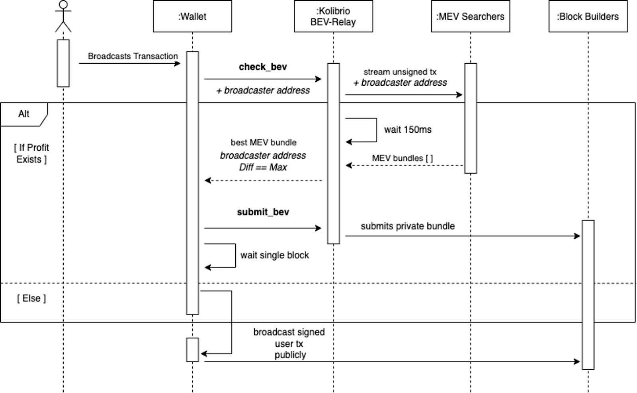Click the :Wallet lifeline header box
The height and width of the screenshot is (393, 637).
click(x=192, y=16)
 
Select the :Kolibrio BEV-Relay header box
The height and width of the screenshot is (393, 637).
click(x=333, y=16)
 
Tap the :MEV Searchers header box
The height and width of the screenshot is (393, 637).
click(x=470, y=16)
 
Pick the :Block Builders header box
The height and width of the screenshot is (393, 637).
click(x=588, y=16)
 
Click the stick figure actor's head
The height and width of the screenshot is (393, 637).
click(x=63, y=5)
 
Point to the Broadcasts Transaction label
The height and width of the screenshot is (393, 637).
click(x=133, y=56)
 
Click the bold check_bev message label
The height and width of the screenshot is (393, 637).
click(x=263, y=67)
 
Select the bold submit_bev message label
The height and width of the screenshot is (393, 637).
click(x=263, y=212)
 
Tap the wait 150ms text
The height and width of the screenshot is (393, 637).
click(x=407, y=130)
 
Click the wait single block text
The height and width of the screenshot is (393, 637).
click(x=274, y=255)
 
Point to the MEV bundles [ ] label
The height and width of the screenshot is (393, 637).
click(x=402, y=158)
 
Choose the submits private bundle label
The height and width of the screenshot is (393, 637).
click(x=407, y=226)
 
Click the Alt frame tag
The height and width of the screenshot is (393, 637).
click(x=23, y=114)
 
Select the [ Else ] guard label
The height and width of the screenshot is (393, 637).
click(x=31, y=298)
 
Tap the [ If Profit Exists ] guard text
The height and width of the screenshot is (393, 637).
click(x=31, y=153)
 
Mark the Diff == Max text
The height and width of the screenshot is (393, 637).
click(x=263, y=167)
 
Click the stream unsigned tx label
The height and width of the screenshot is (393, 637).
click(x=400, y=72)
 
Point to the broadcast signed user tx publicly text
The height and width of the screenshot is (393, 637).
click(x=289, y=343)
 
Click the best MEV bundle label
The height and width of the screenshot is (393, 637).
click(x=263, y=142)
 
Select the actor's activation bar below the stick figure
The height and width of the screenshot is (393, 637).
click(x=63, y=63)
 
